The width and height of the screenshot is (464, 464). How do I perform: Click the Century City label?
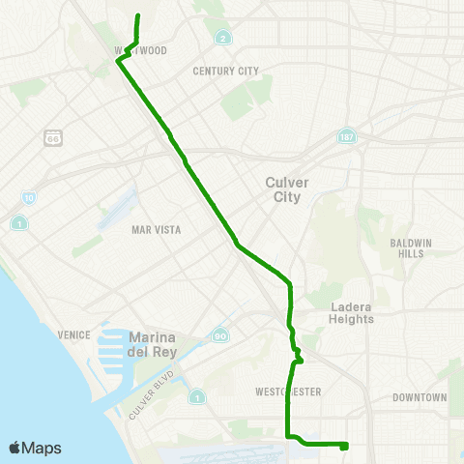click(226, 71)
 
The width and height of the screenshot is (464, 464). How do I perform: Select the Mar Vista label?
click(156, 229)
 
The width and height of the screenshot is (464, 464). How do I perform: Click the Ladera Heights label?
click(350, 312)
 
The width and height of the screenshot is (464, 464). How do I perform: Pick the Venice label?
click(73, 334)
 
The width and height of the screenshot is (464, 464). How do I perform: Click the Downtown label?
click(420, 397)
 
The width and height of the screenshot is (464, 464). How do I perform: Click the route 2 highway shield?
click(223, 39)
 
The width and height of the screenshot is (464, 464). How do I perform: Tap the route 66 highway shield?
click(53, 137)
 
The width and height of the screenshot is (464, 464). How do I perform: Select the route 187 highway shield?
click(345, 137)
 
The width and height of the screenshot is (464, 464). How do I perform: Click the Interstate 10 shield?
click(29, 197)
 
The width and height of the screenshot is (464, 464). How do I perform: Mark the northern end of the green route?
click(137, 15)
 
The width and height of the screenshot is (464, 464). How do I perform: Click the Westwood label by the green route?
click(141, 50)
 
